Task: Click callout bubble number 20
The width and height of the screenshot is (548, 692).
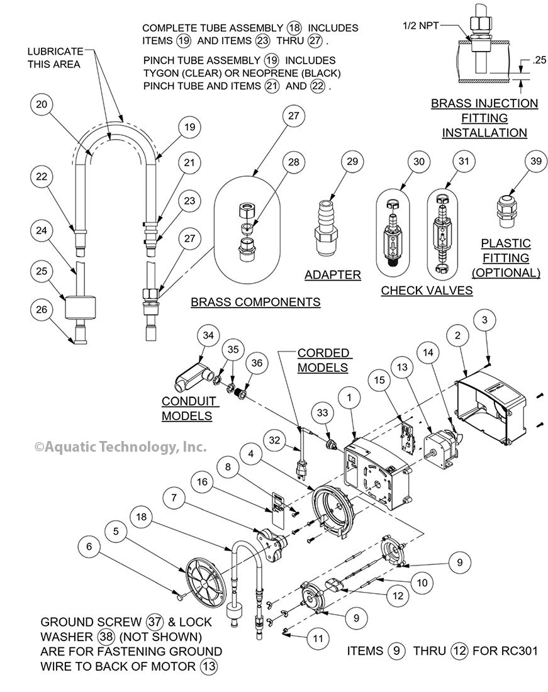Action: pos(41,105)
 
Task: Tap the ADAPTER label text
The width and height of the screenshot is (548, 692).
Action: pos(332,275)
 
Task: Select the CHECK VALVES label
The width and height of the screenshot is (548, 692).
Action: pos(427,290)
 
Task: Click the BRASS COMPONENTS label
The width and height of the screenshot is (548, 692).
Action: pos(255,303)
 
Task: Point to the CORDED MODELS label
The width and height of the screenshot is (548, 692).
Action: pos(323,360)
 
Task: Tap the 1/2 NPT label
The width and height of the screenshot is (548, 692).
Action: pos(420,26)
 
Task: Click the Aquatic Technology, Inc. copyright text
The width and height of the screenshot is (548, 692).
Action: pos(120,447)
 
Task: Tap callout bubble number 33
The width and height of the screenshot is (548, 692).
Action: pos(324,413)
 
